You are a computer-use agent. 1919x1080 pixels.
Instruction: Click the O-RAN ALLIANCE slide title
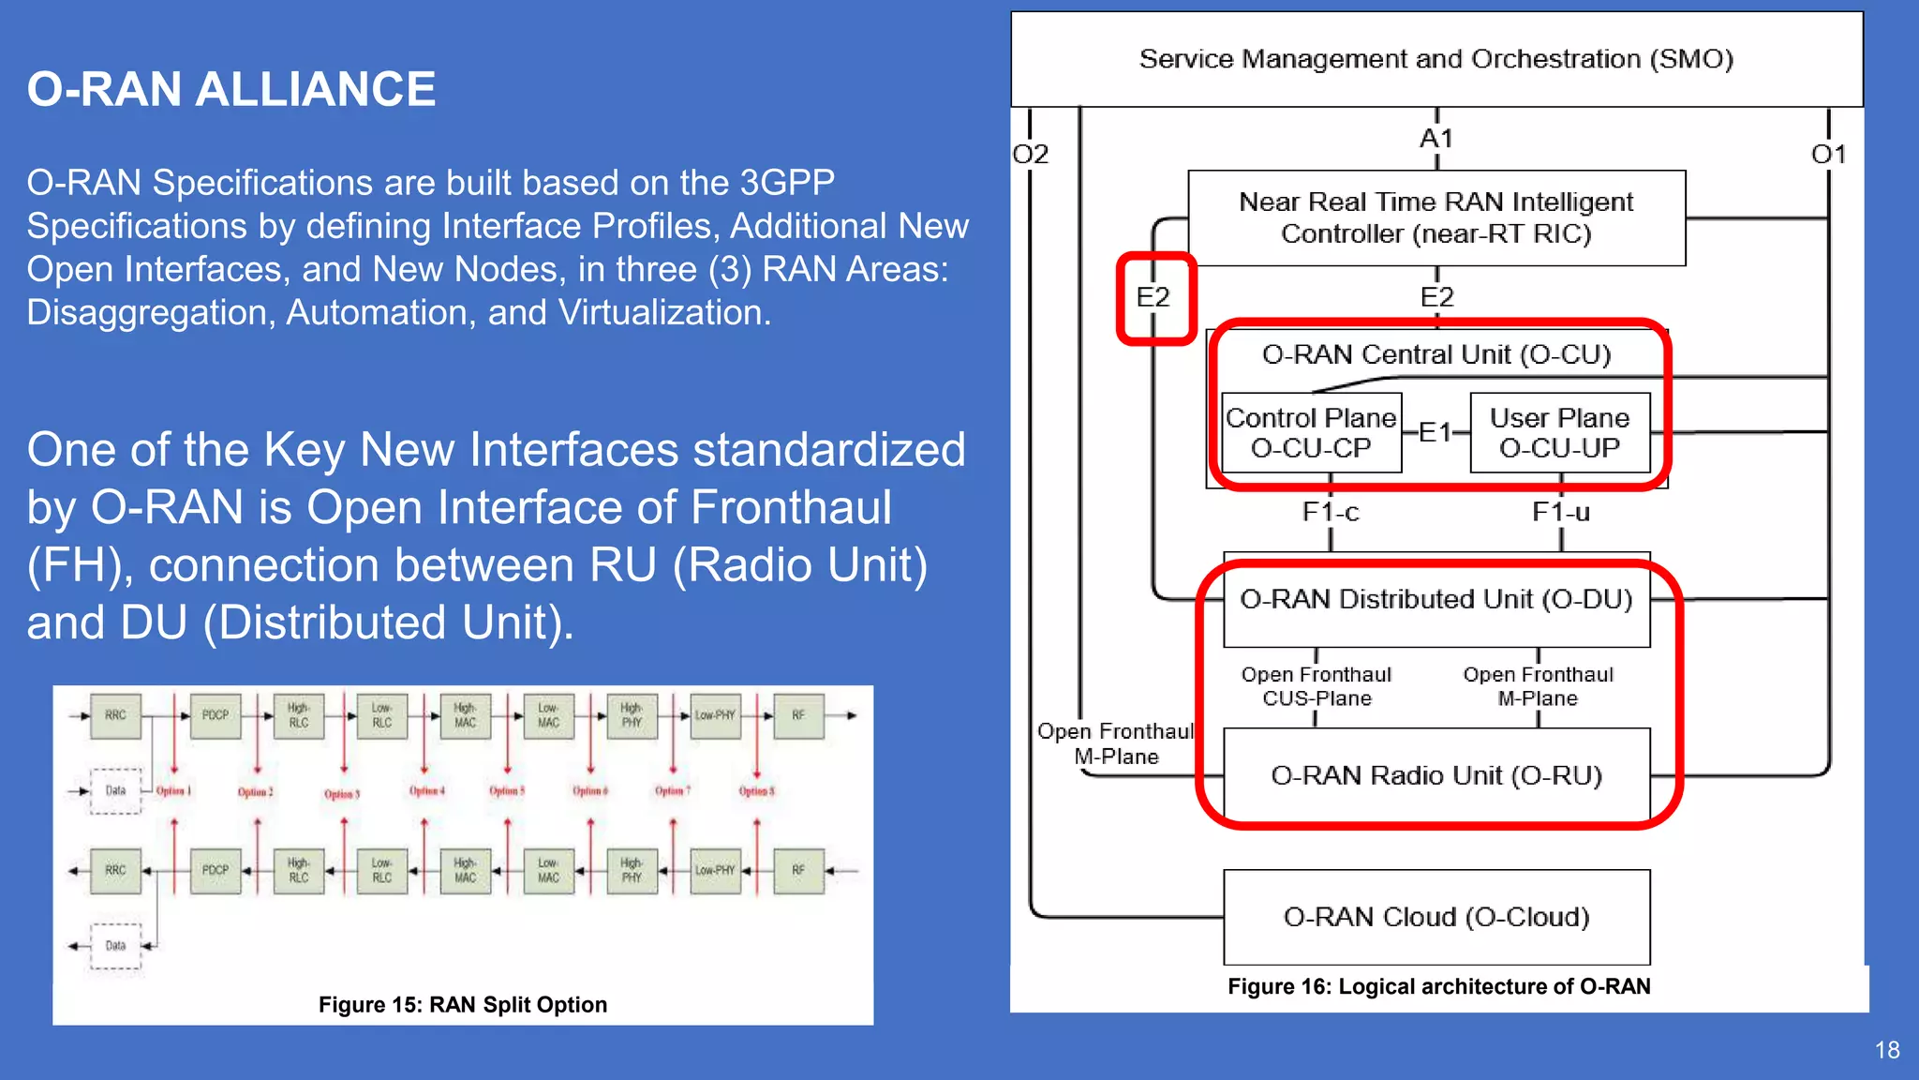click(231, 90)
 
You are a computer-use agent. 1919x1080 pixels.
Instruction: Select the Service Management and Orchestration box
click(1436, 59)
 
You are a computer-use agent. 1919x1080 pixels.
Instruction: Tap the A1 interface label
click(1436, 139)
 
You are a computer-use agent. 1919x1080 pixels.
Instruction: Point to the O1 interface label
click(1828, 154)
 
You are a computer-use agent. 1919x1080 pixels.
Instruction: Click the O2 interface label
click(1031, 154)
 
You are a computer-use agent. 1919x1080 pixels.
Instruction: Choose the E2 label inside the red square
click(1153, 297)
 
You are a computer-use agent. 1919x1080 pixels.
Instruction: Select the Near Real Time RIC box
click(1436, 217)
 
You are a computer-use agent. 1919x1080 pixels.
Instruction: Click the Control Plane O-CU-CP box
click(1311, 432)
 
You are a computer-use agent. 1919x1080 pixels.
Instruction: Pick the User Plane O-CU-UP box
click(1559, 432)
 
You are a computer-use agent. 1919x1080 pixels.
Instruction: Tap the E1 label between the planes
click(1435, 432)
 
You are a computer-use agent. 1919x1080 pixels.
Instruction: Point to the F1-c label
click(1331, 512)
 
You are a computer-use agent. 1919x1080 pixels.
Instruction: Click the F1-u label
click(1560, 512)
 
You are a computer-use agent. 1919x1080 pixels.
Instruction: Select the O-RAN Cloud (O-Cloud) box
click(1436, 916)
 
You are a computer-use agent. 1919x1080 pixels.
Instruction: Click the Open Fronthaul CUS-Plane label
click(1317, 686)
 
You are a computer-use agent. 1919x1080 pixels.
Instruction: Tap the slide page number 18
click(1887, 1050)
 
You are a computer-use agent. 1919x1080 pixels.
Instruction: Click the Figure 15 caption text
click(462, 1005)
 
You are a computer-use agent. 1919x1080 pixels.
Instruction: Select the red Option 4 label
click(427, 791)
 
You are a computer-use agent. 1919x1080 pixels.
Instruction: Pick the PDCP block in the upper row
click(216, 715)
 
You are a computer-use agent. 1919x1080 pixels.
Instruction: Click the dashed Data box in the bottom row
click(115, 946)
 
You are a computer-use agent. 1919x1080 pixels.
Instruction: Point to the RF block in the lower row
click(798, 870)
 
